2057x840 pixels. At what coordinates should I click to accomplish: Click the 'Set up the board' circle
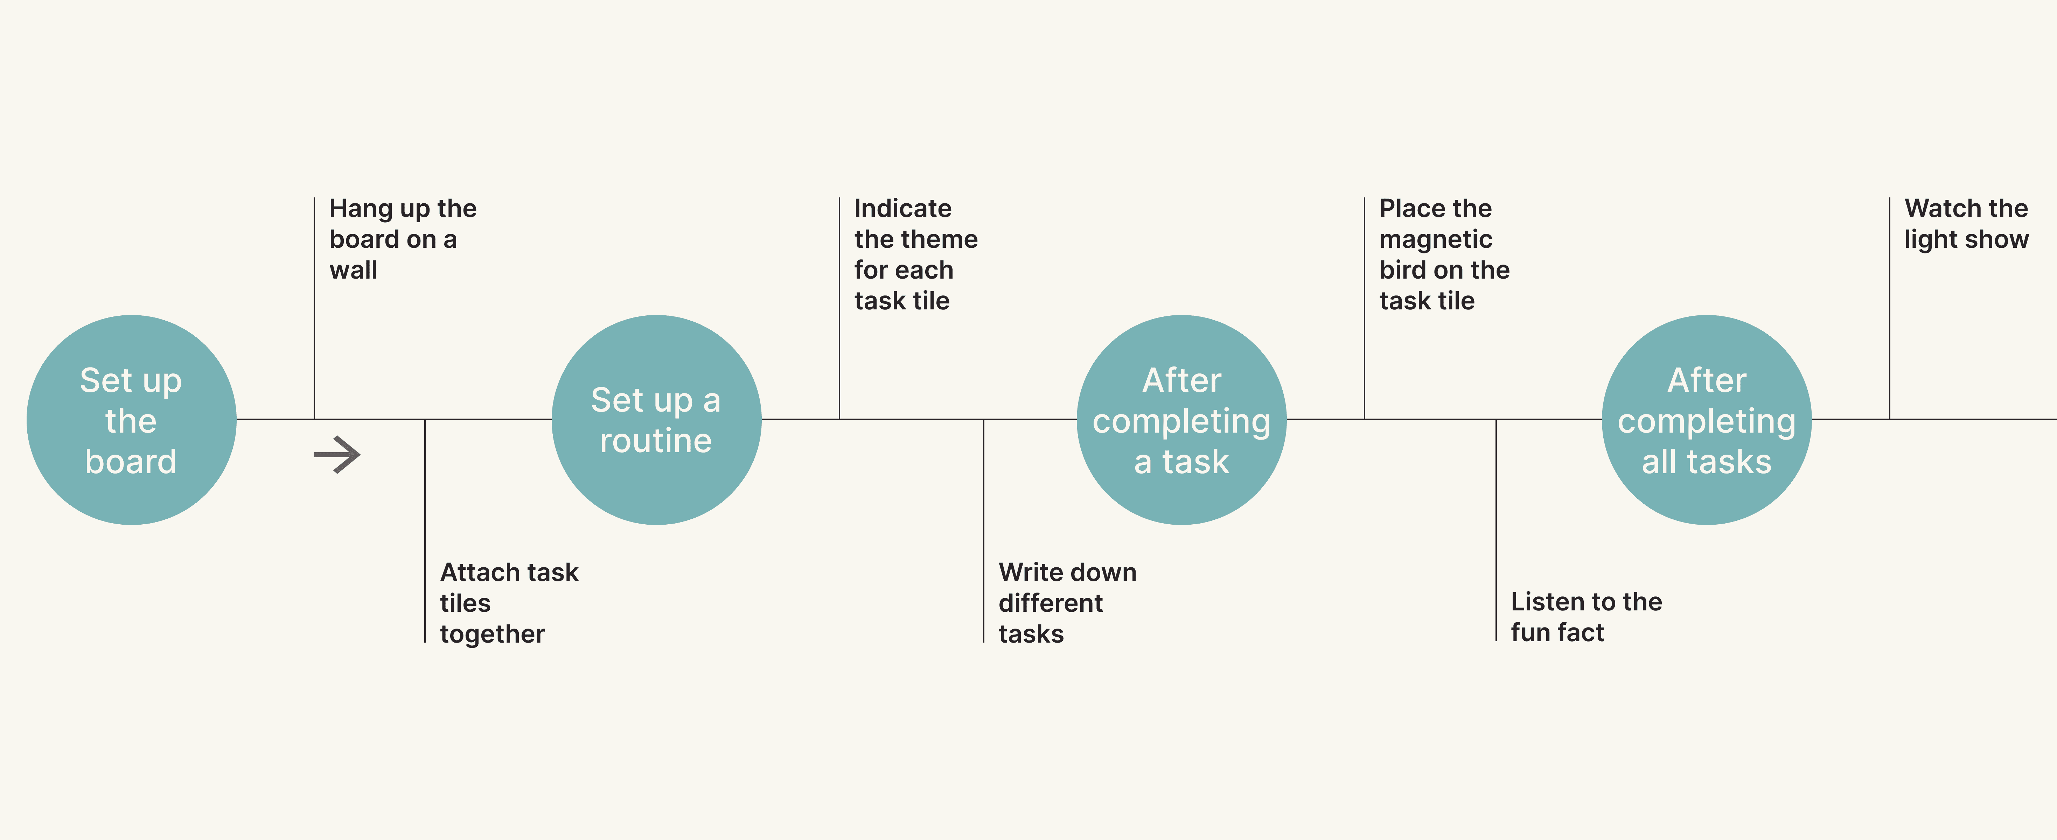tap(131, 420)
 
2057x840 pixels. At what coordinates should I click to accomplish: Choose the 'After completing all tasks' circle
tap(1707, 420)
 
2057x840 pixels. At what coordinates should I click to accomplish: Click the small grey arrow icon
tap(337, 455)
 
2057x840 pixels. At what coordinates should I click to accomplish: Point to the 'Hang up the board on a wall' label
tap(403, 239)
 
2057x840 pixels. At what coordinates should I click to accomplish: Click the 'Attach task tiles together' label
tap(509, 603)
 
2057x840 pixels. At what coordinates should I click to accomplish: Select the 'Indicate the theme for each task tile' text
tap(915, 255)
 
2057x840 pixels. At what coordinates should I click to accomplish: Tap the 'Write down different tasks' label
tap(1067, 603)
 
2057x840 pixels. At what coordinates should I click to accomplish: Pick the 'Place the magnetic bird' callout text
tap(1444, 255)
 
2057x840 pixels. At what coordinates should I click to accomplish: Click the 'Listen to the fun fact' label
tap(1586, 616)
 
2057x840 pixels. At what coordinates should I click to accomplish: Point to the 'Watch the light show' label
tap(1966, 224)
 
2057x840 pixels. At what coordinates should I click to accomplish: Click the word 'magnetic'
tap(1435, 239)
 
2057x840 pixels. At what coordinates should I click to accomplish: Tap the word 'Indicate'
tap(902, 208)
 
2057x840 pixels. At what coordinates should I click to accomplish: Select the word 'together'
tap(492, 634)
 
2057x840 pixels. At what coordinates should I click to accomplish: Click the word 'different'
tap(1050, 603)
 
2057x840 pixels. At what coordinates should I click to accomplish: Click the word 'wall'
tap(353, 270)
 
